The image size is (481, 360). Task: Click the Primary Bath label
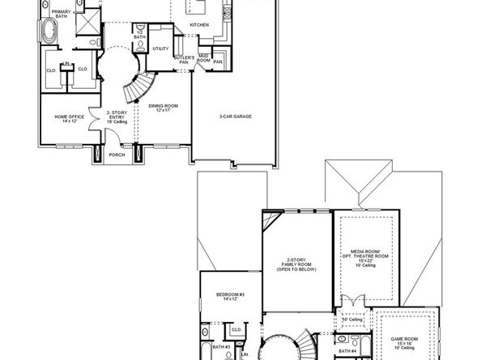pyautogui.click(x=61, y=13)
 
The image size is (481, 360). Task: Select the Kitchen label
pyautogui.click(x=199, y=25)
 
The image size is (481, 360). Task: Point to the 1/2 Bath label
pyautogui.click(x=139, y=36)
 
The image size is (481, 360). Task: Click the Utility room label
pyautogui.click(x=160, y=49)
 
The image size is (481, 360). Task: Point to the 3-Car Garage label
pyautogui.click(x=235, y=116)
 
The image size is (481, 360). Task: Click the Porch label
pyautogui.click(x=117, y=155)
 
